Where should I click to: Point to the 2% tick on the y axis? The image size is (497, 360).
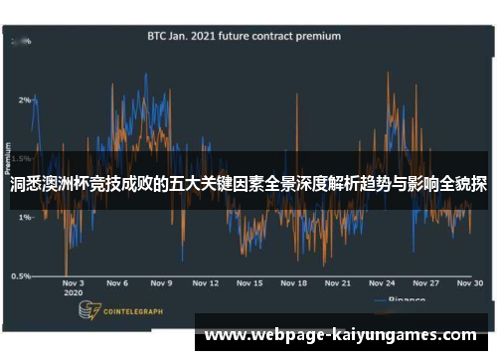click(x=24, y=99)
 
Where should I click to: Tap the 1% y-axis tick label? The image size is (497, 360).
click(x=24, y=217)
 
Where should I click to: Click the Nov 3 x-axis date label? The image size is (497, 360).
click(x=74, y=283)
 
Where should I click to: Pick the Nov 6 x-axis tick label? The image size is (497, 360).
click(x=117, y=283)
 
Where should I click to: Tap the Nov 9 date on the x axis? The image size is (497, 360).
click(x=161, y=283)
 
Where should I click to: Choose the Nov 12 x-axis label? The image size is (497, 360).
click(x=205, y=283)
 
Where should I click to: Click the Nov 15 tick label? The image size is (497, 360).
click(x=250, y=283)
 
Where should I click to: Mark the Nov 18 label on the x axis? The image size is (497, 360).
click(x=294, y=283)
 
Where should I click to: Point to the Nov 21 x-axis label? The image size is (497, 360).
click(x=339, y=283)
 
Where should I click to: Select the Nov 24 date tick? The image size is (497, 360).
click(x=383, y=283)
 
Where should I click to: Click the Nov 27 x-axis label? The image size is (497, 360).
click(x=426, y=283)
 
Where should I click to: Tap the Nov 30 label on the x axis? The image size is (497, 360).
click(x=470, y=283)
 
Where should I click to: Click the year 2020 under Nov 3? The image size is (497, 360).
click(x=72, y=294)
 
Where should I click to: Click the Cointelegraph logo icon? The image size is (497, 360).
click(x=88, y=311)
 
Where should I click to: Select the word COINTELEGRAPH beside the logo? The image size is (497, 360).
click(x=135, y=312)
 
